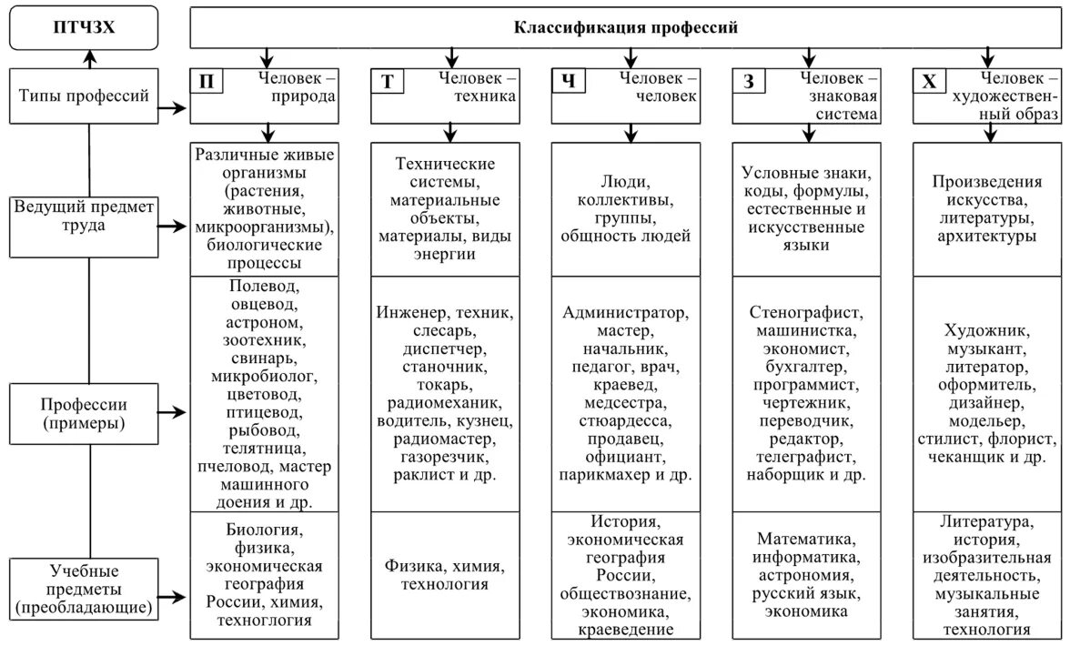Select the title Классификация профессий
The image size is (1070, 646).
[626, 27]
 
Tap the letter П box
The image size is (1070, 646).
[207, 81]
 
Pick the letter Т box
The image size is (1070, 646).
[388, 81]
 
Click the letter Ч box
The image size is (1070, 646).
[569, 81]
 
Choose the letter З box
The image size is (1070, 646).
[749, 81]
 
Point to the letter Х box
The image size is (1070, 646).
[930, 81]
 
